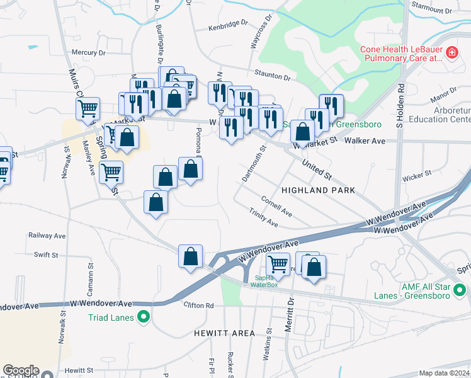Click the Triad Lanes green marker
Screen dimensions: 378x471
coord(143,317)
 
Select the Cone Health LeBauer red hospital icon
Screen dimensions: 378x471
coord(451,53)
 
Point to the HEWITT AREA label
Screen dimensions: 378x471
coord(224,333)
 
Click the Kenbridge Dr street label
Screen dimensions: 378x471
coord(229,25)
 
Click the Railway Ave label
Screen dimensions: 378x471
coord(47,235)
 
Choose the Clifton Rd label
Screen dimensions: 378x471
coord(199,306)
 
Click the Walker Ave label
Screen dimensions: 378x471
coord(369,141)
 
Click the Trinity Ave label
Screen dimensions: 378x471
coord(263,219)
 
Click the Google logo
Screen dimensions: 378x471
coord(20,371)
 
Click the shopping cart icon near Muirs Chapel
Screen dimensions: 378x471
coord(88,108)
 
